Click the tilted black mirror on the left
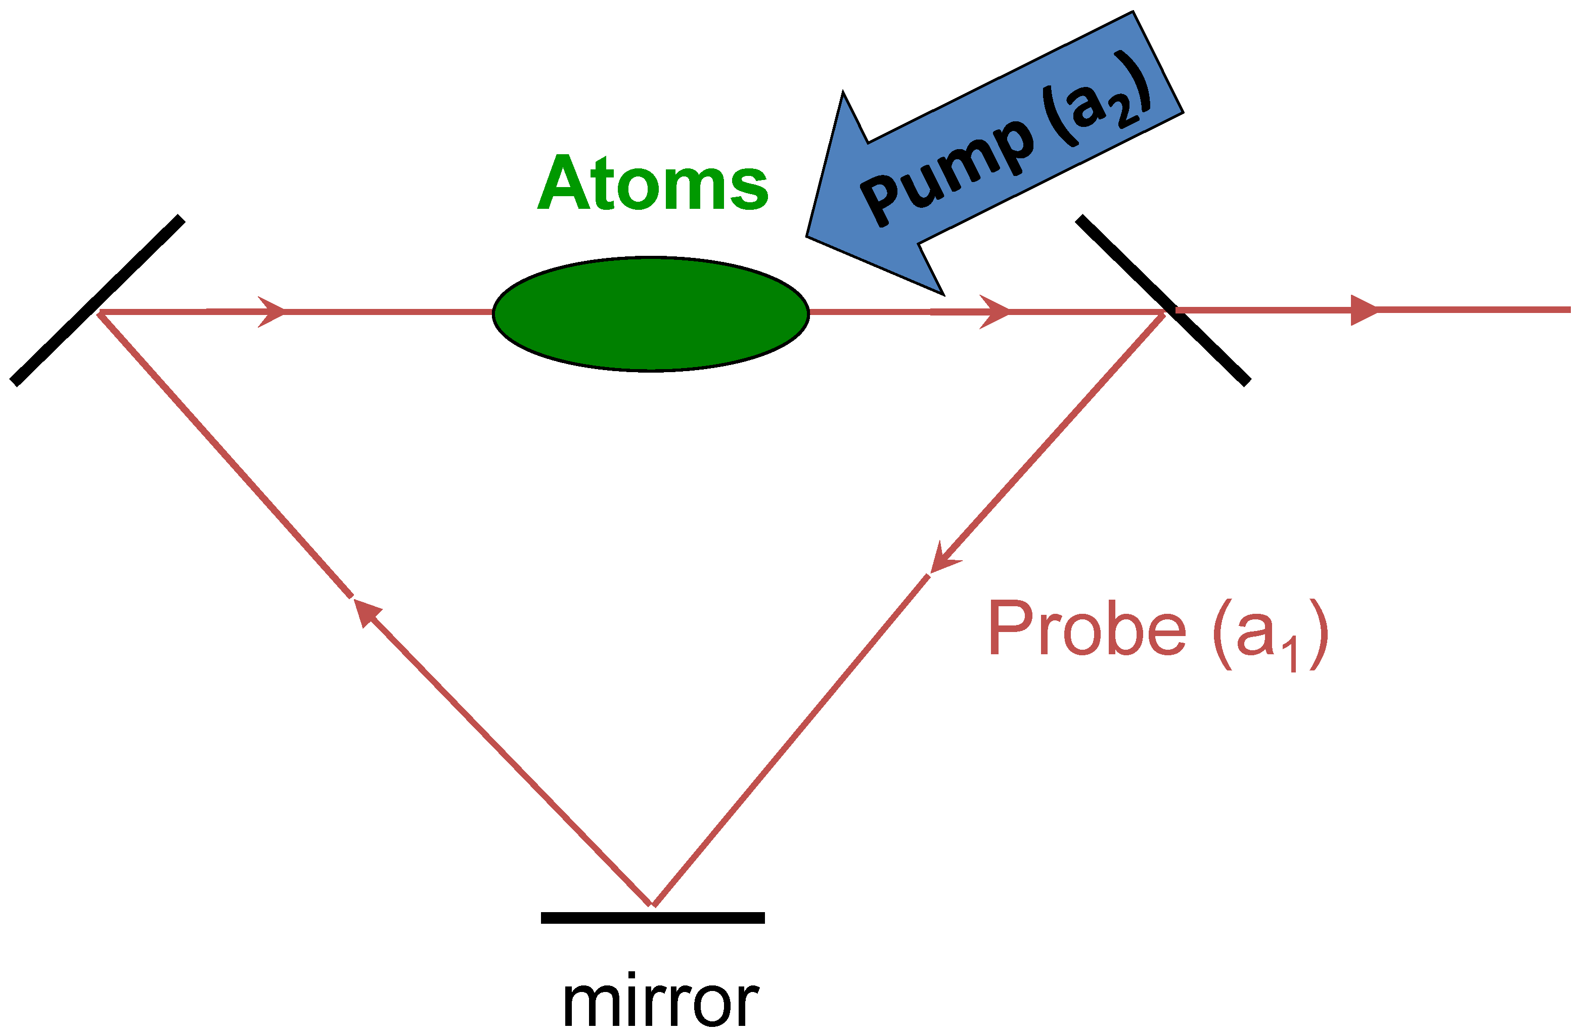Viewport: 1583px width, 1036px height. pyautogui.click(x=97, y=300)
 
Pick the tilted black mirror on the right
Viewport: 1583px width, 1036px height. pyautogui.click(x=1163, y=300)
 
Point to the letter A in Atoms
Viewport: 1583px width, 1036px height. pyautogui.click(x=563, y=183)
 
